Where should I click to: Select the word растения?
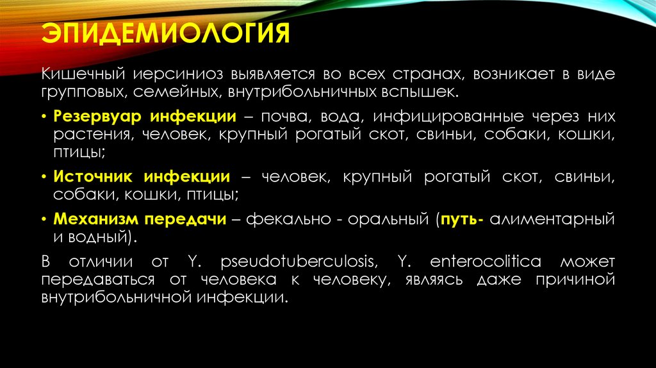84,135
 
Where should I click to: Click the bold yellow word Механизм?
95,219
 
